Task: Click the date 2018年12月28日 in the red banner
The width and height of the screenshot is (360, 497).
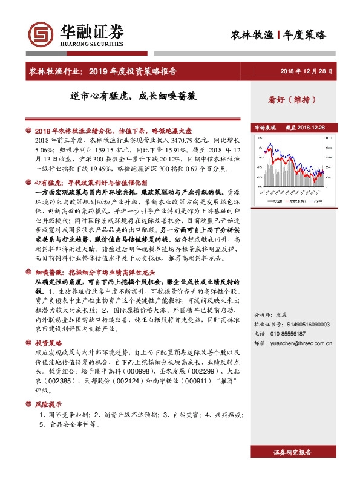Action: [x=307, y=71]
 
